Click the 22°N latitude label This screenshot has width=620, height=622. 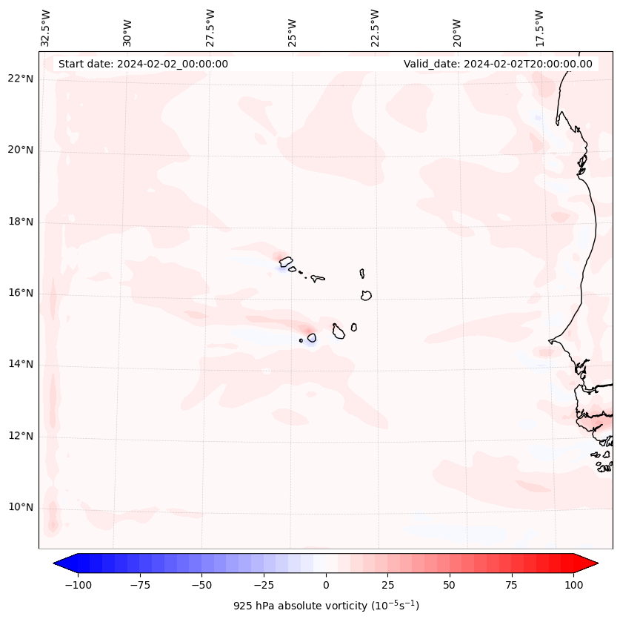pos(20,79)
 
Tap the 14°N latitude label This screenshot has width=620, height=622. pos(20,364)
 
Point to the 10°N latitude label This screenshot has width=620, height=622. pos(20,507)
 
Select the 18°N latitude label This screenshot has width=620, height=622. pos(20,222)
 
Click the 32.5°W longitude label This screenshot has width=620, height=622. pos(46,28)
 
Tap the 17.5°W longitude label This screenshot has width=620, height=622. pos(539,28)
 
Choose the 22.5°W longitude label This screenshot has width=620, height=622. pos(375,28)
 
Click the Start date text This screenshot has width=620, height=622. pos(143,64)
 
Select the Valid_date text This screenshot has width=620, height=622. pos(498,64)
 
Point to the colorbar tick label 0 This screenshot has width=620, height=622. pos(326,585)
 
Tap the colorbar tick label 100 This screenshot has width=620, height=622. pos(574,585)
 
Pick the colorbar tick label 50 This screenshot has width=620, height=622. pos(450,585)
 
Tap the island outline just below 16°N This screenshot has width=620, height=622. pos(366,295)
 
